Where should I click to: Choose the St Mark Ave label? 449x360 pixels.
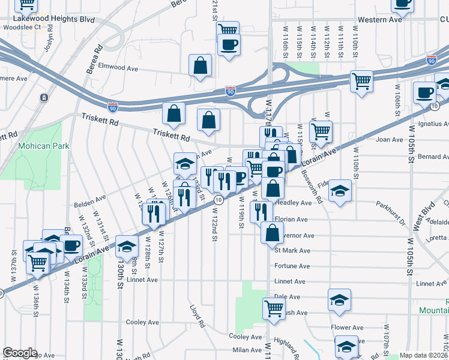(292, 250)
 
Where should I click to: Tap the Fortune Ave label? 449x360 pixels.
(292, 266)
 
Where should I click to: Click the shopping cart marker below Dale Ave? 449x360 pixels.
(274, 308)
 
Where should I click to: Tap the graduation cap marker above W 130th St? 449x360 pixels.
(127, 245)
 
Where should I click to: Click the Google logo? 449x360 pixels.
(20, 353)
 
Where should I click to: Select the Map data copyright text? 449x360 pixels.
(424, 355)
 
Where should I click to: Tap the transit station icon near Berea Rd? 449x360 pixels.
(44, 97)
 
